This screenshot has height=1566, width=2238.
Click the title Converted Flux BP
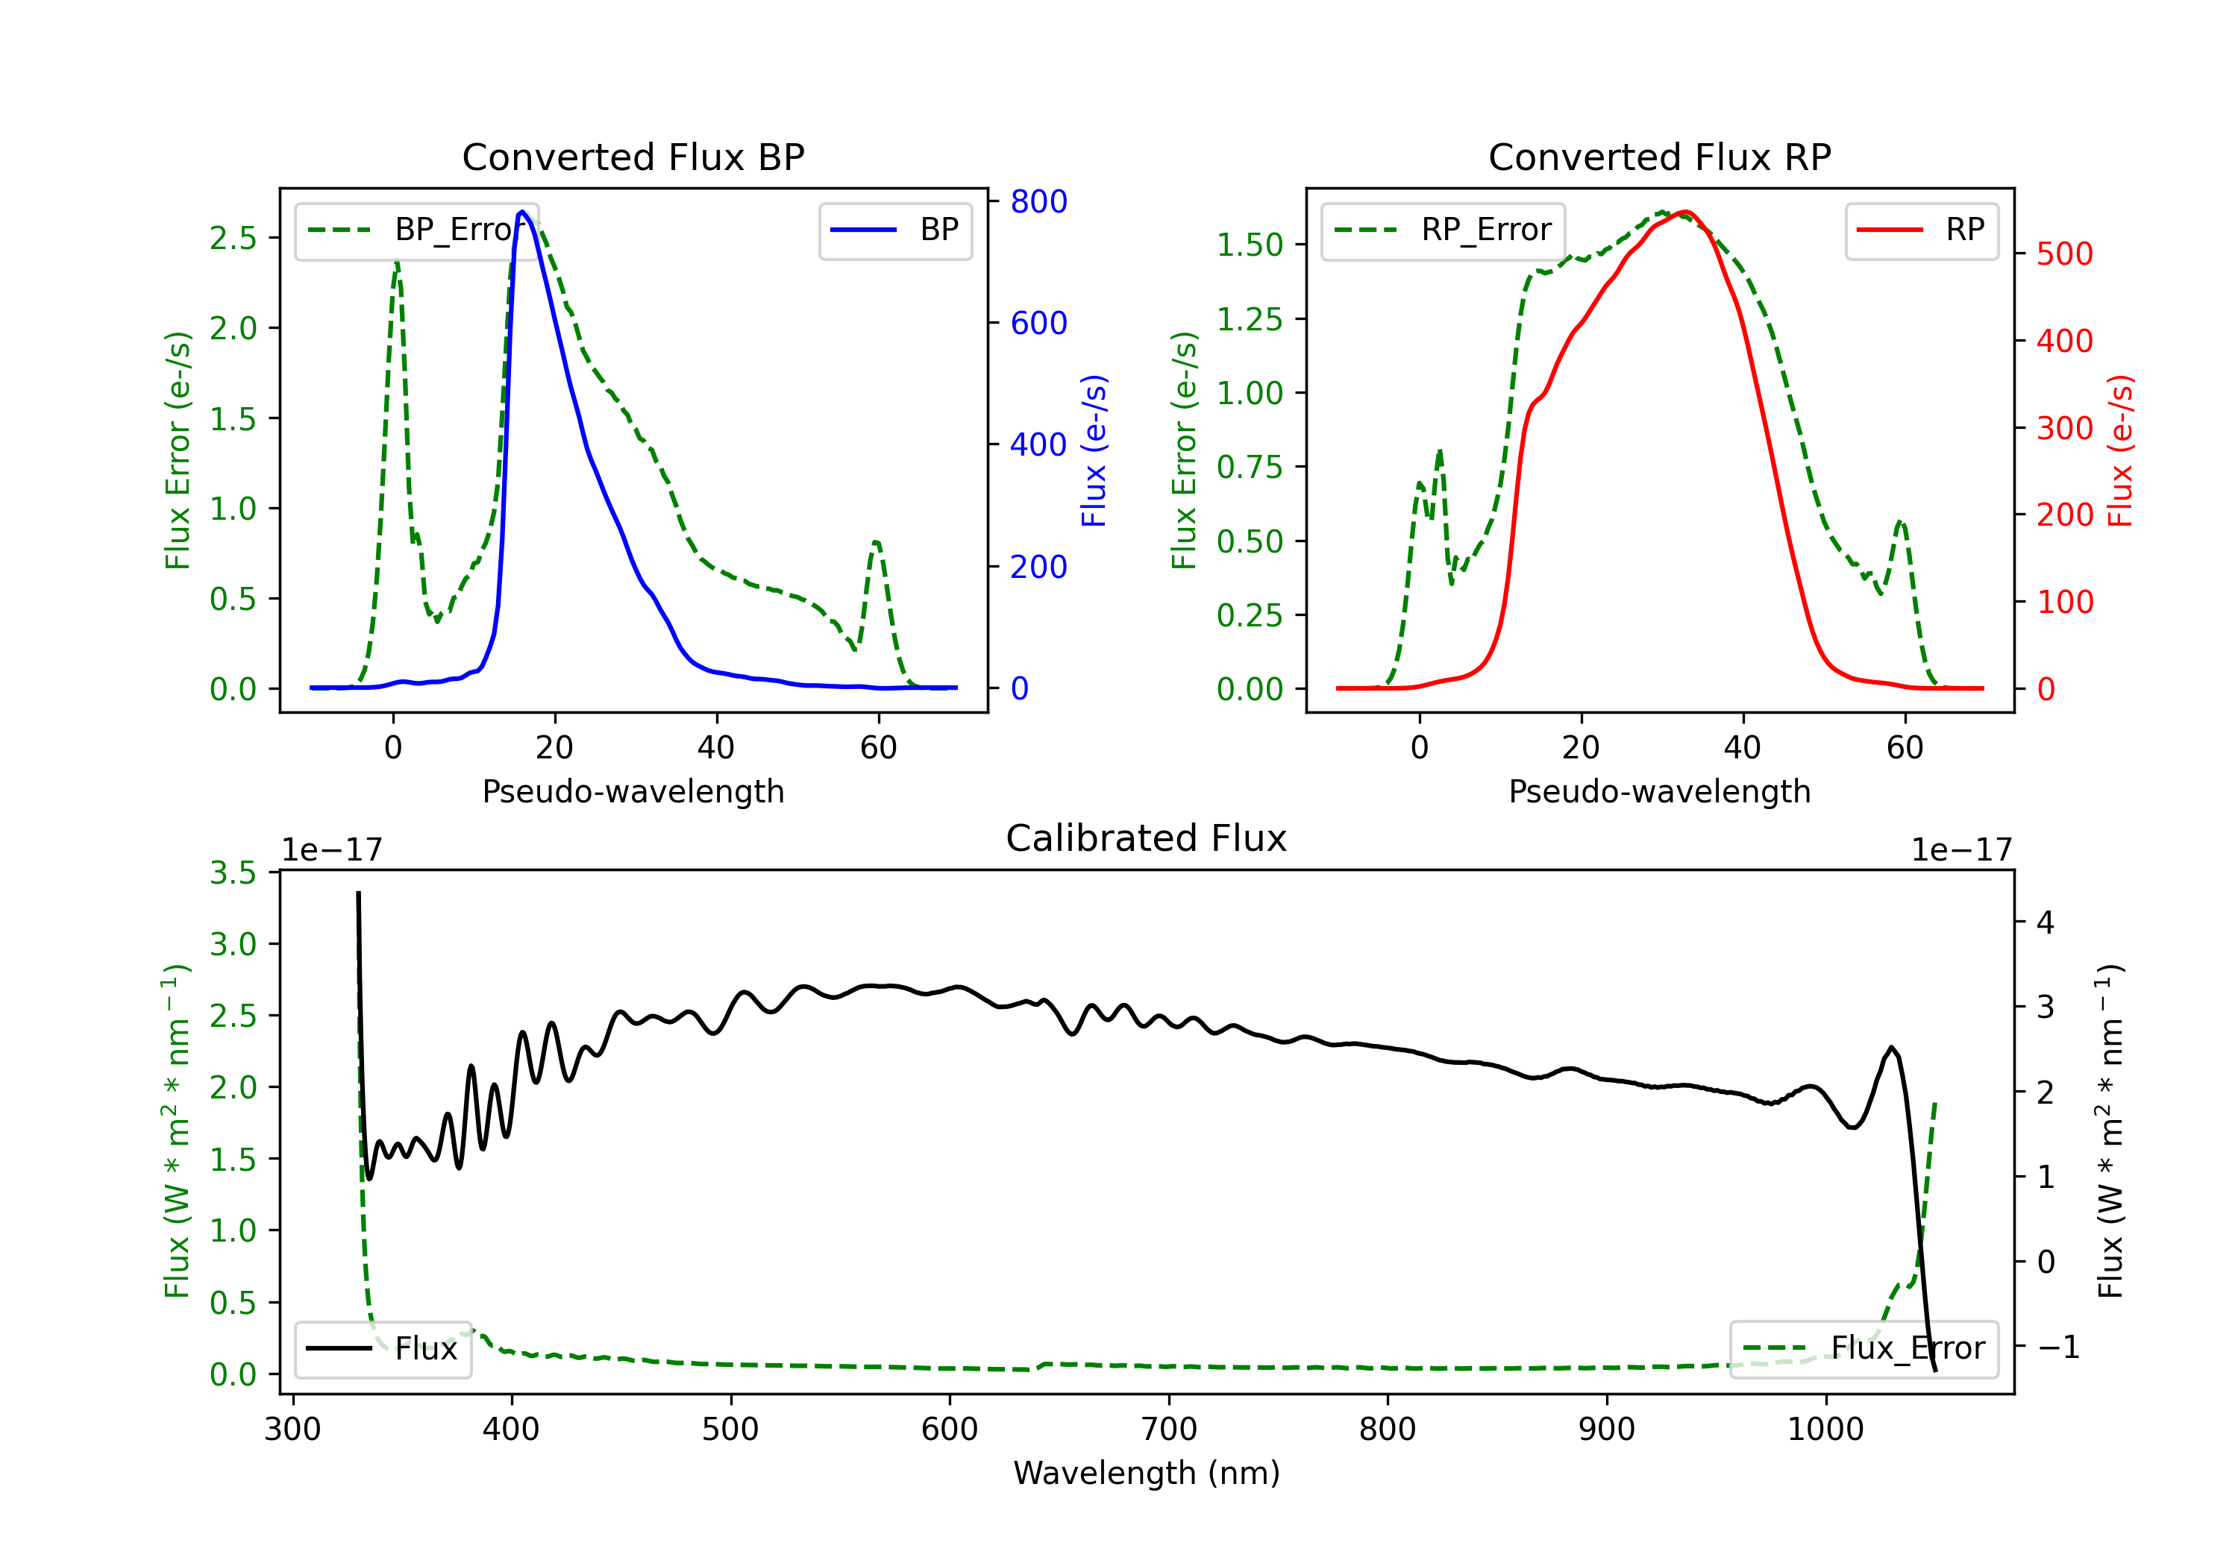point(633,157)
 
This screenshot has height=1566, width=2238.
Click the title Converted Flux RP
point(1659,157)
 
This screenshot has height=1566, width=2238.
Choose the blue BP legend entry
point(894,230)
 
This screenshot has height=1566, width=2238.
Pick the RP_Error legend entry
point(1443,230)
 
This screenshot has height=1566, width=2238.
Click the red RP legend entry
point(1921,230)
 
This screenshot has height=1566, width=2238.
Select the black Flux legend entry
point(382,1349)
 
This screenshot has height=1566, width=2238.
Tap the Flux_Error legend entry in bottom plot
point(1864,1349)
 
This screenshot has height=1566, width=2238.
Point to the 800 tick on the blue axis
point(1038,202)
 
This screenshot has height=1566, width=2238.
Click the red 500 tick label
point(2064,254)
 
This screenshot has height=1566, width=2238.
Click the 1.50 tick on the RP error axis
point(1250,245)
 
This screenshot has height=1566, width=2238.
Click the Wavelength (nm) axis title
point(1147,1474)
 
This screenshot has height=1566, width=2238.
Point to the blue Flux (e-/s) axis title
point(1094,450)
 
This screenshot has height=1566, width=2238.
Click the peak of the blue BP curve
point(522,212)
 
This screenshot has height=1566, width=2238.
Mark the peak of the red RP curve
point(1685,213)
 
